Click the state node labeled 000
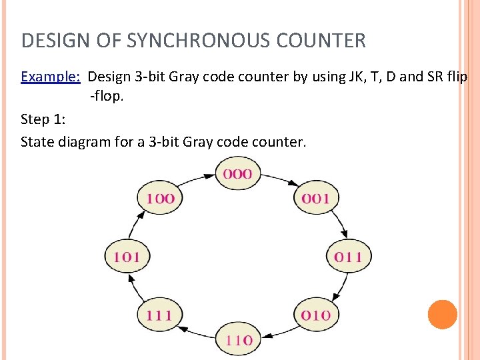tap(238, 174)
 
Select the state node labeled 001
tap(316, 198)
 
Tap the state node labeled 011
tap(348, 256)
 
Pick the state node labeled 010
tap(316, 315)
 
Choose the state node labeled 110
tap(238, 339)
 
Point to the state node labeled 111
tap(160, 315)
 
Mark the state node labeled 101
tap(127, 256)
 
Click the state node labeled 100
tap(160, 198)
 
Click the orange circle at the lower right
tap(442, 314)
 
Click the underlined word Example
tap(50, 76)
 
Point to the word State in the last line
tap(37, 141)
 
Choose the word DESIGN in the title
tap(55, 41)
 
